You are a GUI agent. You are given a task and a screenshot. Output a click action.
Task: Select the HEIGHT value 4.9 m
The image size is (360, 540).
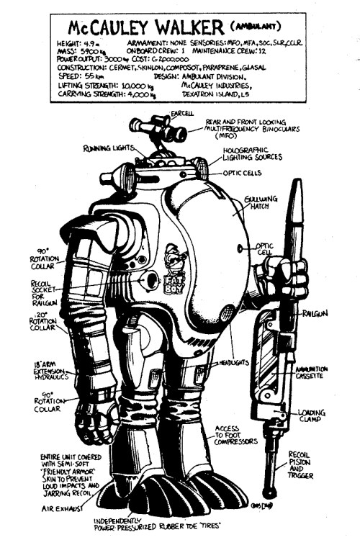[x=91, y=48]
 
